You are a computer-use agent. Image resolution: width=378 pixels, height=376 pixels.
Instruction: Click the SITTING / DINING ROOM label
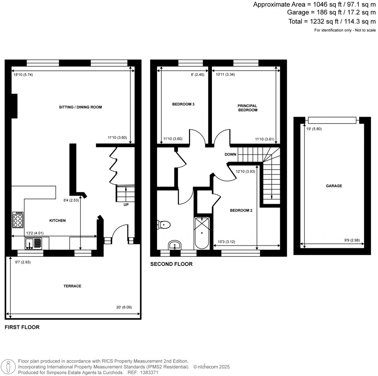tap(80, 107)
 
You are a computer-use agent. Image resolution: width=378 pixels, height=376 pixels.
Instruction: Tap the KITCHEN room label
tap(58, 221)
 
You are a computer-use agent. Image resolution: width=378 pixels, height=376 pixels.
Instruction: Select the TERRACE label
tap(72, 286)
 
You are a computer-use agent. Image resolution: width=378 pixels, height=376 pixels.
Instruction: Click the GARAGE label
tap(334, 186)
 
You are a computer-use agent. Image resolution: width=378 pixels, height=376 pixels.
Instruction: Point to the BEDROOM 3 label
tap(183, 104)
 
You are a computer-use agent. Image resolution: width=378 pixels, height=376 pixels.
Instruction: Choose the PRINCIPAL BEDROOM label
tap(247, 108)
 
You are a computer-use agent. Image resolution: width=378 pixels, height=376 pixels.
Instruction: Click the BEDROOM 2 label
tap(241, 211)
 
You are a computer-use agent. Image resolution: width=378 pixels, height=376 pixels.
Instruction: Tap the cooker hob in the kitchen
tap(18, 220)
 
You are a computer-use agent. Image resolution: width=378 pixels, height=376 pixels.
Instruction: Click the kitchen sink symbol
tap(34, 243)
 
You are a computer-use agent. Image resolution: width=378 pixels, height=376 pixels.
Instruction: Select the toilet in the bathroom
tap(164, 224)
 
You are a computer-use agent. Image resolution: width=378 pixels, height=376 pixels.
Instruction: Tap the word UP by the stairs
tap(126, 205)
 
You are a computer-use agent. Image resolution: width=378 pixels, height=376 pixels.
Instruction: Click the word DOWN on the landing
tap(230, 154)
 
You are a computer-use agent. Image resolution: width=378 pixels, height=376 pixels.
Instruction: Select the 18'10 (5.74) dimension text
tap(23, 75)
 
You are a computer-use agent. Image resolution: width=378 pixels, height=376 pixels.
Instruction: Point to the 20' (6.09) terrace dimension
tap(124, 307)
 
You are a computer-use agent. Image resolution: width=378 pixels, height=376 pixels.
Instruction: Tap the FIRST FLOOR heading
tap(22, 327)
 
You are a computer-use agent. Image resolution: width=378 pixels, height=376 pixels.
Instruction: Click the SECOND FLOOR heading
tap(171, 264)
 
